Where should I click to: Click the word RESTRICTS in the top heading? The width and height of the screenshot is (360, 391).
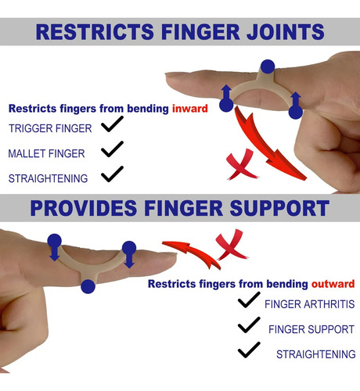pos(95,32)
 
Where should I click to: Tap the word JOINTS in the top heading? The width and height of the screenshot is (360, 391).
pos(286,32)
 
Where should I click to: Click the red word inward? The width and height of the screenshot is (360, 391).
pos(190,109)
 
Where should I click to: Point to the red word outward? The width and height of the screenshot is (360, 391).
pos(333,284)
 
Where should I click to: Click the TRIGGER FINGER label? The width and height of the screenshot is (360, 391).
pos(50,128)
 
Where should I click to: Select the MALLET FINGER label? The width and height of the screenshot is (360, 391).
pos(46,153)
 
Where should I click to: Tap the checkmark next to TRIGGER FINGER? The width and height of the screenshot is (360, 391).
pos(112,124)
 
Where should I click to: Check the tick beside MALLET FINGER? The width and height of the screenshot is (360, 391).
pos(112,149)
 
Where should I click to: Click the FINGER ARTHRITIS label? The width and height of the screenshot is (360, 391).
pos(310,304)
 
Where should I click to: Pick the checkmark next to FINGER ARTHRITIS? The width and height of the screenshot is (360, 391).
pos(249,300)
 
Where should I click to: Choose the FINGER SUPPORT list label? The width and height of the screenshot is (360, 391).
pos(311,329)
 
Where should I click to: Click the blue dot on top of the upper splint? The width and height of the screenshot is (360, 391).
pos(268,66)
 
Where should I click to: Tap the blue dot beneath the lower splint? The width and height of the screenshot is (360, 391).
pos(88,286)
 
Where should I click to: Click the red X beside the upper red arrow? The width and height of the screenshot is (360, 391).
pos(241,166)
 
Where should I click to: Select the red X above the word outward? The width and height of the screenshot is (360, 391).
pos(231,245)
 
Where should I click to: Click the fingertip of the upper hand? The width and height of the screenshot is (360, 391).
pos(167,77)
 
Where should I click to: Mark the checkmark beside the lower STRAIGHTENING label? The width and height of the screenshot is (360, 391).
pos(249,350)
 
